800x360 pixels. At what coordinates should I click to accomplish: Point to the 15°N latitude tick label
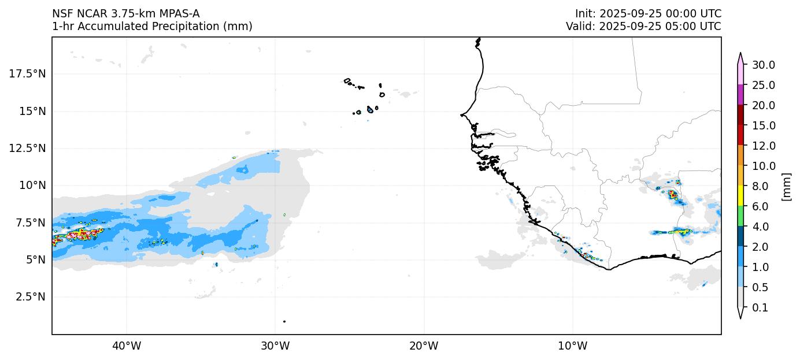pos(33,111)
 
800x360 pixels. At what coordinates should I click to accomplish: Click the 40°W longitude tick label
pos(126,346)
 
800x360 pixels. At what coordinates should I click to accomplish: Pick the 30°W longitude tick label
pos(275,346)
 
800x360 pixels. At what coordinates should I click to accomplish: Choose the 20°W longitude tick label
pos(424,346)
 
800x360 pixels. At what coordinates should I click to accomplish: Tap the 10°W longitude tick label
pos(573,346)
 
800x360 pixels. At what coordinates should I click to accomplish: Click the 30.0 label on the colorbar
pos(763,65)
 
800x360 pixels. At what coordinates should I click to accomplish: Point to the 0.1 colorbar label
pos(760,308)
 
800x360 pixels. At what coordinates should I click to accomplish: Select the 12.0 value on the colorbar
pos(763,146)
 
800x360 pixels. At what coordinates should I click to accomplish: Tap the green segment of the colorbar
pos(740,217)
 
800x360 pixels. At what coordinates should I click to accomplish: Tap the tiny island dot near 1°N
pos(284,321)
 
